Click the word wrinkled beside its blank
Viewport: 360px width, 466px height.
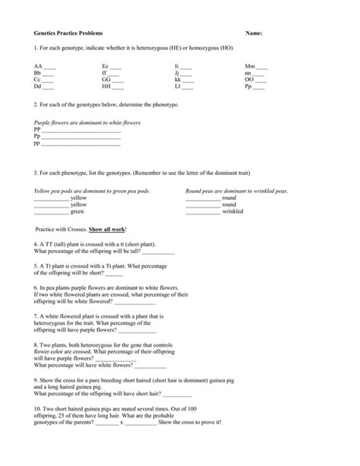click(235, 211)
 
